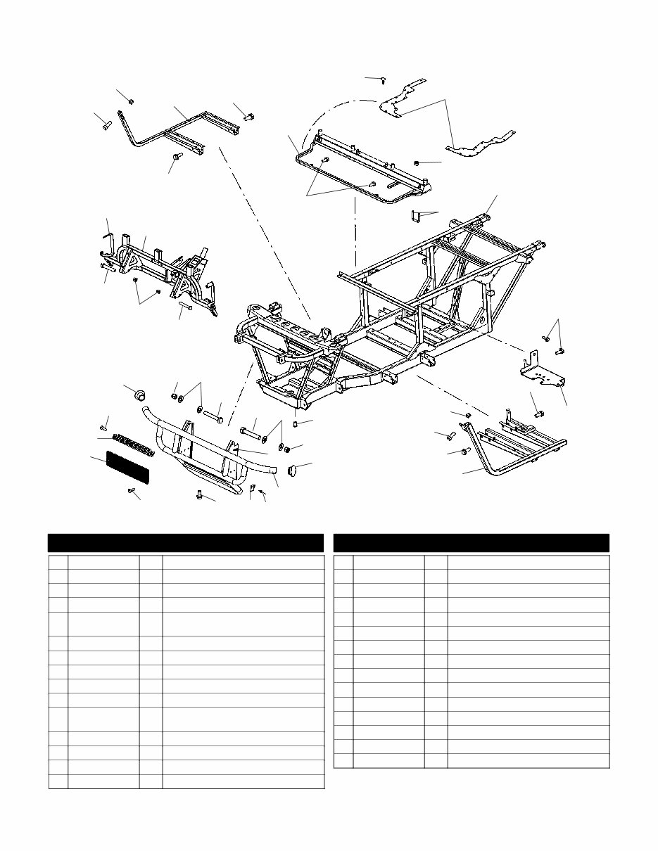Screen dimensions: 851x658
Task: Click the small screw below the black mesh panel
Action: [132, 491]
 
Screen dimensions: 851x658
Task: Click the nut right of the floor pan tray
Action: [418, 164]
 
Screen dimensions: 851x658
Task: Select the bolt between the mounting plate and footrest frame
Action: [538, 414]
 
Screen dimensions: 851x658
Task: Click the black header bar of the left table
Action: [186, 543]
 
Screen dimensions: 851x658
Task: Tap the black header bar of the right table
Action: [471, 543]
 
